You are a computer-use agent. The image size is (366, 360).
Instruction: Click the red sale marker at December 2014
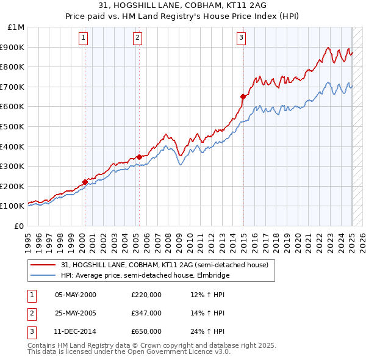(243, 96)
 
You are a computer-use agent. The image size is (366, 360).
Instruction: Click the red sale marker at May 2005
(139, 157)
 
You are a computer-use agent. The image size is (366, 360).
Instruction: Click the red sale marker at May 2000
(85, 182)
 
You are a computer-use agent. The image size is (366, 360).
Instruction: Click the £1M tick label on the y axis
(16, 27)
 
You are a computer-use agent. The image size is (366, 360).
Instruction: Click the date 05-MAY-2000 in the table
(76, 295)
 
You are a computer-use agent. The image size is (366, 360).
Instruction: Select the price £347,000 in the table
(146, 313)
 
